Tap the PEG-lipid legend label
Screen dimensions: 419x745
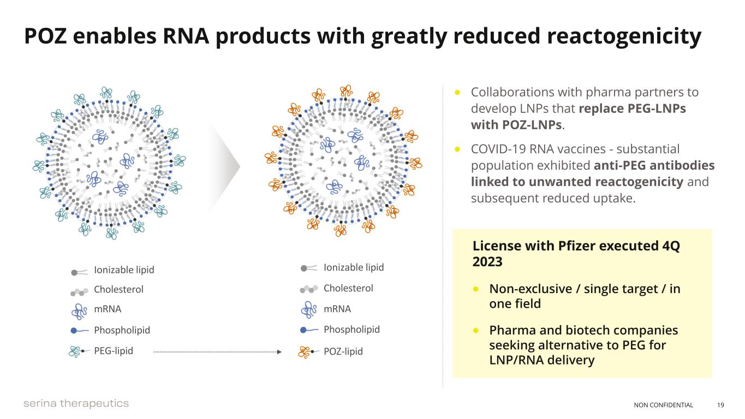pos(114,351)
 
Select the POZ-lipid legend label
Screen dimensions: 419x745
pos(343,351)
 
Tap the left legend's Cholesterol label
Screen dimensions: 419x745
pos(118,289)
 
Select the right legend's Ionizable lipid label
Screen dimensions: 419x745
pos(354,267)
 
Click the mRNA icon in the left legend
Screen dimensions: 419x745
pos(80,310)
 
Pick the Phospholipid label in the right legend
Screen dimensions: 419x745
pos(351,330)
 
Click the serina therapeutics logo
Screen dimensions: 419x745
pos(76,403)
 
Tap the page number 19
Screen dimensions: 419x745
pos(720,405)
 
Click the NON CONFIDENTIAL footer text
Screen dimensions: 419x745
pos(663,405)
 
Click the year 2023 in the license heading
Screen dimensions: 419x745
pos(487,261)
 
